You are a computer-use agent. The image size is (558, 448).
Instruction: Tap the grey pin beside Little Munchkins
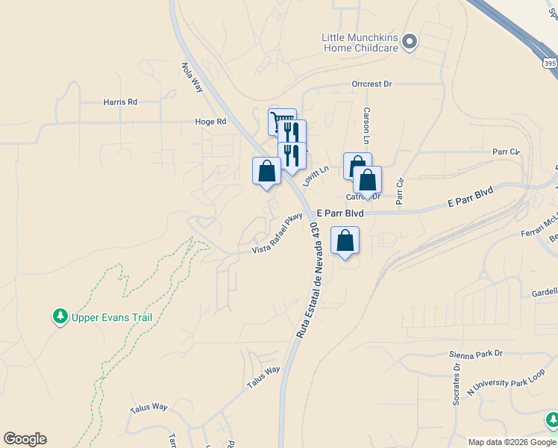click(x=409, y=43)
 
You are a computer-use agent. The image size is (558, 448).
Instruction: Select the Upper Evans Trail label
click(x=112, y=317)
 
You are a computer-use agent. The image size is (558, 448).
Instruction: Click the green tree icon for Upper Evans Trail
click(x=60, y=317)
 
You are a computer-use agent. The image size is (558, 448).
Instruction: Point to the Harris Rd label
click(x=120, y=102)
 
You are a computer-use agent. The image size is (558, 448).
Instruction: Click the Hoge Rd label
click(x=210, y=122)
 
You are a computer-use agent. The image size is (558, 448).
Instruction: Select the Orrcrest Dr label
click(x=372, y=84)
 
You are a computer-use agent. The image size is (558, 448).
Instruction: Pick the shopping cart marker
click(x=281, y=121)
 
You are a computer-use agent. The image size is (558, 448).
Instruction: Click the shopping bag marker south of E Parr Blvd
click(x=345, y=241)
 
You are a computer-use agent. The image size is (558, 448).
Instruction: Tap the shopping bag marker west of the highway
click(x=266, y=171)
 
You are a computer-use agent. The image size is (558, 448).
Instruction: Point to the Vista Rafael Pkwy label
click(x=278, y=233)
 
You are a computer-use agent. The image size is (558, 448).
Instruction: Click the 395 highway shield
click(x=550, y=64)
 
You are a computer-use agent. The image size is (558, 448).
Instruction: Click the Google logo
click(x=25, y=439)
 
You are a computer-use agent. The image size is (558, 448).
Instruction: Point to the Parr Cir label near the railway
click(x=506, y=152)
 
